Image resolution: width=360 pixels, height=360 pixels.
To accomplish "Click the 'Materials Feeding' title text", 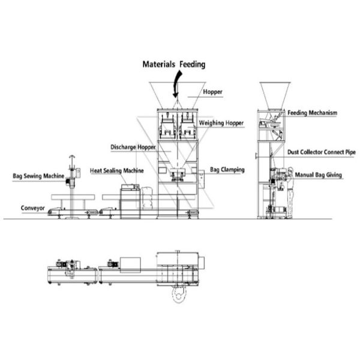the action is (x=174, y=64).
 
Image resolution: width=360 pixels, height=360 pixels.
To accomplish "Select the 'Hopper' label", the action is (x=212, y=92).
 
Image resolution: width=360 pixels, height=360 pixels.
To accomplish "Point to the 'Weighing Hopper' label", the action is (x=221, y=123).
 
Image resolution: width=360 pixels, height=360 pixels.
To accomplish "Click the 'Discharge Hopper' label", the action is (x=133, y=147).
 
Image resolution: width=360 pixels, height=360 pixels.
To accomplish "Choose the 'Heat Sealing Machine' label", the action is (x=116, y=170).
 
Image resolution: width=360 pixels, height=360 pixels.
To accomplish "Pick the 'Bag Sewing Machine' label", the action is (x=38, y=176).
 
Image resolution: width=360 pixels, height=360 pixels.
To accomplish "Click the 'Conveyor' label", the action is (x=33, y=208).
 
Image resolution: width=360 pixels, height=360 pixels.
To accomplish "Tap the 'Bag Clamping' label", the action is (x=227, y=170).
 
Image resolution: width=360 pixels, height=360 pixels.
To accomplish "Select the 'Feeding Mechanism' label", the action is (x=312, y=113).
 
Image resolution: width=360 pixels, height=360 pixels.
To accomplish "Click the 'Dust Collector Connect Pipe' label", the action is (x=322, y=152).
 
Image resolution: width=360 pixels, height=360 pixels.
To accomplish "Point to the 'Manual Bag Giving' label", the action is (x=318, y=175).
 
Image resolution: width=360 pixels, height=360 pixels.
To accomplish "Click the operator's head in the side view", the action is (x=290, y=170).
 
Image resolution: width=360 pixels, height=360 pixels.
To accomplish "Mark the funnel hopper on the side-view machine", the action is (x=275, y=95).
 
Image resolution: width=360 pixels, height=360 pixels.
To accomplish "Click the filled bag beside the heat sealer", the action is (x=147, y=198).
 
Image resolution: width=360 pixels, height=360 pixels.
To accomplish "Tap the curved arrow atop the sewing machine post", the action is (x=72, y=157).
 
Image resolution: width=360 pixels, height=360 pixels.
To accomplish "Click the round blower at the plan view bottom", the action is (x=179, y=293).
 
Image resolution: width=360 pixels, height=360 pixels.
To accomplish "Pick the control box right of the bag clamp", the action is (x=202, y=179).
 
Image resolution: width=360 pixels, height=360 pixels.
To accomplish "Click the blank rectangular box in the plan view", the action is (x=130, y=265).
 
